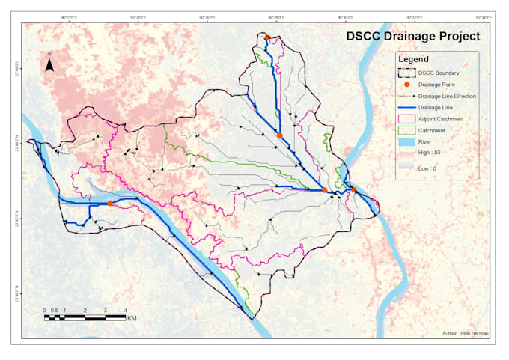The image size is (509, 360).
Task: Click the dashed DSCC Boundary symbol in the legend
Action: pyautogui.click(x=406, y=73)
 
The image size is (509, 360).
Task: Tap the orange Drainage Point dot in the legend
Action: pyautogui.click(x=406, y=85)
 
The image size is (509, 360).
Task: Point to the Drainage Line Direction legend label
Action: pyautogui.click(x=447, y=96)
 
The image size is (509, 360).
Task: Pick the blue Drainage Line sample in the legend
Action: pyautogui.click(x=406, y=108)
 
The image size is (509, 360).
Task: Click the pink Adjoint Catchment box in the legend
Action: pyautogui.click(x=406, y=119)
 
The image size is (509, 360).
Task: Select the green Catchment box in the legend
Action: pyautogui.click(x=406, y=131)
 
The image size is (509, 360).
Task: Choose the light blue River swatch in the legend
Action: pyautogui.click(x=406, y=142)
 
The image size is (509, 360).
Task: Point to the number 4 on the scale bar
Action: pyautogui.click(x=125, y=310)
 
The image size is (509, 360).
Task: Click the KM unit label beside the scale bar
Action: pyautogui.click(x=132, y=319)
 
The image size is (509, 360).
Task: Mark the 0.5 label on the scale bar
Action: pyautogui.click(x=55, y=310)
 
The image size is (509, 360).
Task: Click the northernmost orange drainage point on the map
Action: pyautogui.click(x=267, y=37)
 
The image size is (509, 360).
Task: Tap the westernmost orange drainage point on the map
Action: pyautogui.click(x=110, y=203)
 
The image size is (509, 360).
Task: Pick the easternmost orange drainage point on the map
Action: pyautogui.click(x=354, y=192)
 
